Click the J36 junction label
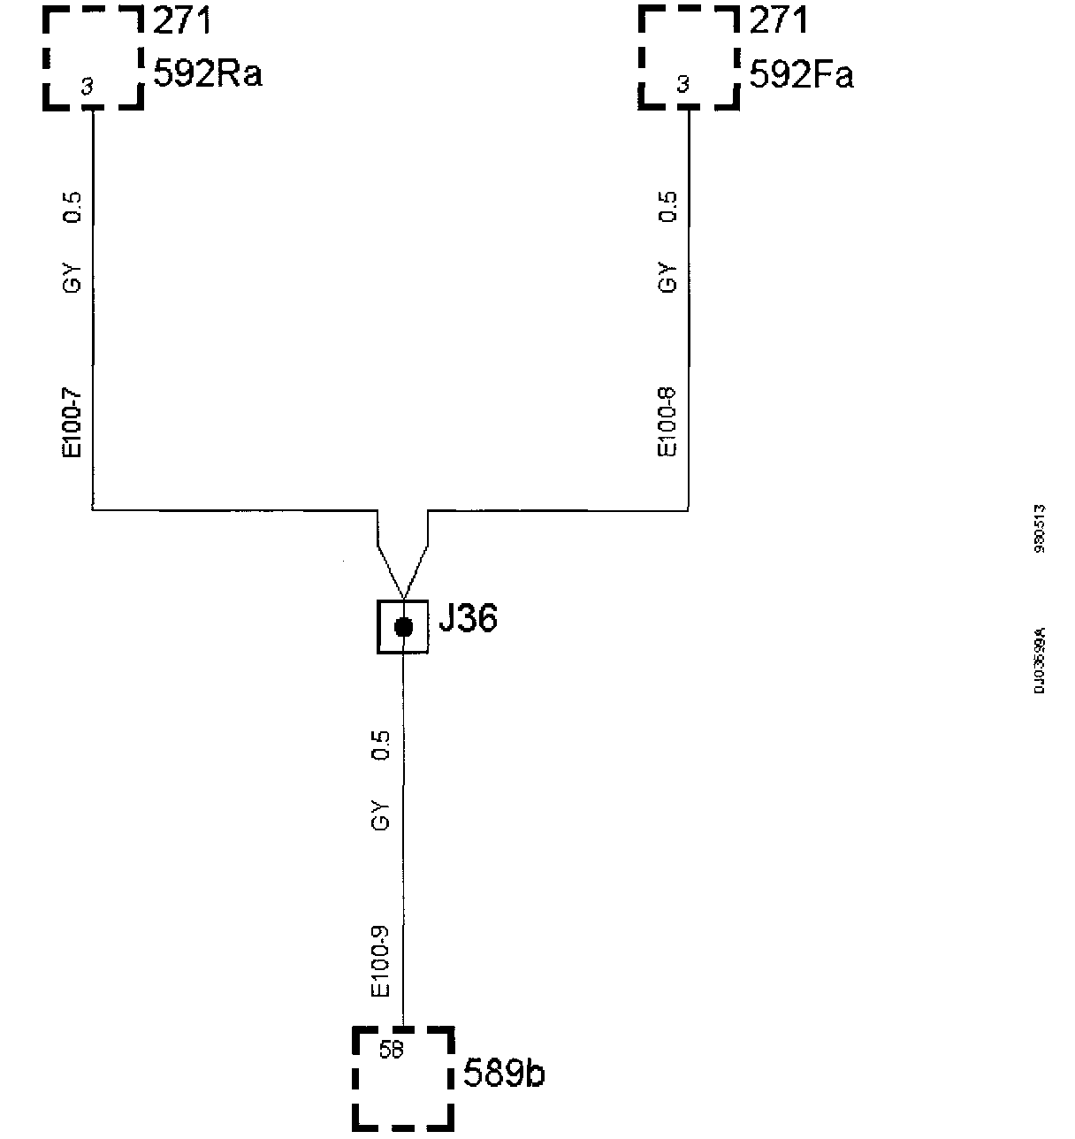pos(468,619)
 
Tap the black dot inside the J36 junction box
pos(403,628)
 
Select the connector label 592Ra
pos(208,74)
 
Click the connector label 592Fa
pos(801,75)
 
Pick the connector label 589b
pos(504,1074)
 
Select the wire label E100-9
pos(381,961)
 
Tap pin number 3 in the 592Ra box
pos(87,86)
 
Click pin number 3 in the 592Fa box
pos(682,86)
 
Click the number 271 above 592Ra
pos(183,20)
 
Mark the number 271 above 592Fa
pos(779,20)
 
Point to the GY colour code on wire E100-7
pos(72,277)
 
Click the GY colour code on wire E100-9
pos(381,814)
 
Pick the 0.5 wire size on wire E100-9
pos(381,745)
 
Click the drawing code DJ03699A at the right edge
pos(1041,660)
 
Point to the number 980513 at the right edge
pos(1041,529)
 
